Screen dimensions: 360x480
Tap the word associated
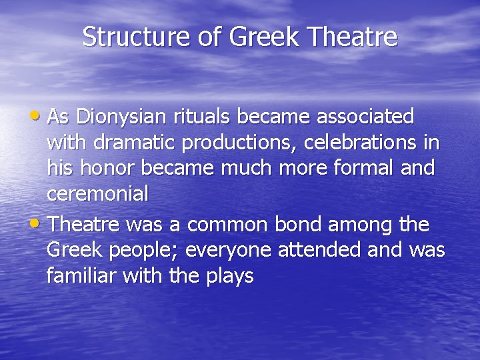click(365, 117)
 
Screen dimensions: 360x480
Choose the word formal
click(362, 168)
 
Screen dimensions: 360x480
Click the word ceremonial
click(97, 194)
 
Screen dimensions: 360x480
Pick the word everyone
click(237, 251)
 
